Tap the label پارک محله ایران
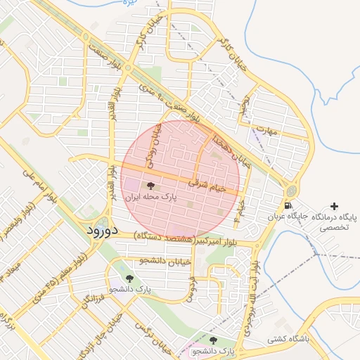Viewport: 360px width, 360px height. [x=150, y=198]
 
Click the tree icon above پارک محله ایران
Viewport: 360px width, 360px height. [x=150, y=186]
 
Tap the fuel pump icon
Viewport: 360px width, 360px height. [x=287, y=206]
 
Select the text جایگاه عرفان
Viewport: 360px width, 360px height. [x=288, y=217]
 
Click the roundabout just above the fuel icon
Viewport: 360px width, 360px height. [x=290, y=191]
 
